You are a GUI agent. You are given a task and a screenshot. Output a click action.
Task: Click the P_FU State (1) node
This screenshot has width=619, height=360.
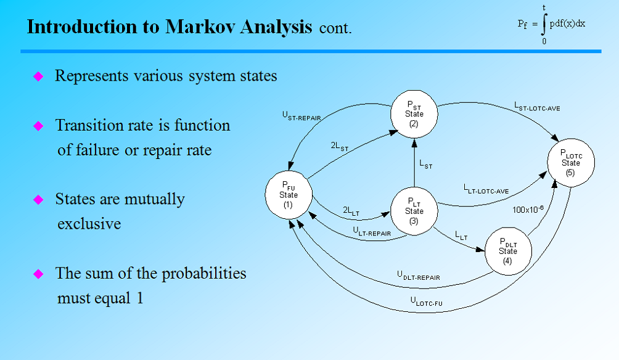[x=289, y=195]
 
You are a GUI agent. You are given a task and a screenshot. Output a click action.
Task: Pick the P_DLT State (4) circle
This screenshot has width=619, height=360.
[x=508, y=252]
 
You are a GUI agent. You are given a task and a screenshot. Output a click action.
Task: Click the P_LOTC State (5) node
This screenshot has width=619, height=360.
[x=570, y=163]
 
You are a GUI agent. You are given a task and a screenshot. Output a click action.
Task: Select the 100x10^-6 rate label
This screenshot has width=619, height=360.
[x=528, y=209]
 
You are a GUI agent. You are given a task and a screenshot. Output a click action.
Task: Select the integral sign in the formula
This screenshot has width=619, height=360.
[x=544, y=25]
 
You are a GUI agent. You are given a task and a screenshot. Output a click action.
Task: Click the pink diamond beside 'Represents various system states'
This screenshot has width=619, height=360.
[x=38, y=76]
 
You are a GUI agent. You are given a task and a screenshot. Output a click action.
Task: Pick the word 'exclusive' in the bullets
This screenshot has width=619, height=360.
[x=89, y=223]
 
